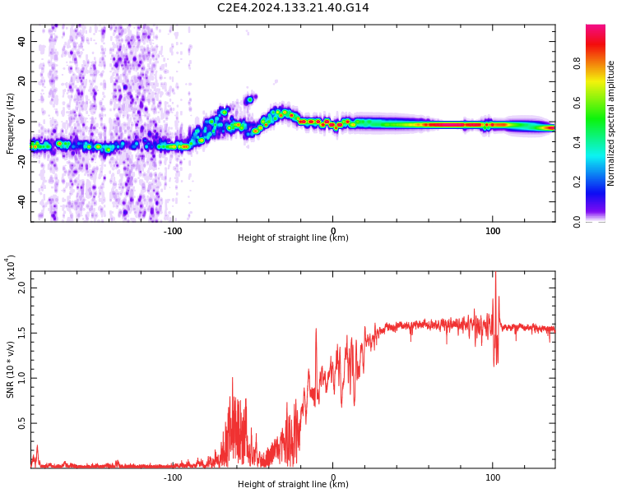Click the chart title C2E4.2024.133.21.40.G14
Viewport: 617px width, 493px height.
click(x=293, y=7)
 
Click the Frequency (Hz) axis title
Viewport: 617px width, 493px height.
click(x=11, y=123)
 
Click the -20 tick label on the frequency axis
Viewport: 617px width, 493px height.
click(x=21, y=161)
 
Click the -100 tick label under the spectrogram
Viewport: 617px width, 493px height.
click(x=173, y=231)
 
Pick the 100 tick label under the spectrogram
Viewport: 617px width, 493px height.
click(x=493, y=231)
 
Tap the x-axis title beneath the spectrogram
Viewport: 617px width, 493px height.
click(x=293, y=238)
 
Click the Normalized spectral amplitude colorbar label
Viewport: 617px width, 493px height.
click(x=611, y=123)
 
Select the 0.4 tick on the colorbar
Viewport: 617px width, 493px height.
click(x=600, y=142)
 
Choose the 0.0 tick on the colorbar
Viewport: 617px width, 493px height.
click(x=600, y=221)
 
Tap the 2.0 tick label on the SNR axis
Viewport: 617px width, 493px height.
click(x=22, y=288)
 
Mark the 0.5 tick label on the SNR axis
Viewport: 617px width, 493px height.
click(x=22, y=423)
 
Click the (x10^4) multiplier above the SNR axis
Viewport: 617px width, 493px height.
click(x=11, y=268)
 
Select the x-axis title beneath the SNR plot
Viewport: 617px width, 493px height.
click(x=293, y=485)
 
